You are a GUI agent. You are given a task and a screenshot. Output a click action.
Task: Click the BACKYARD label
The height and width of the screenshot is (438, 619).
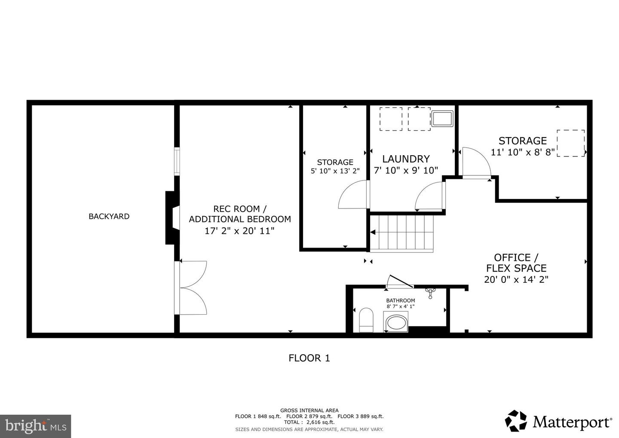[109, 216]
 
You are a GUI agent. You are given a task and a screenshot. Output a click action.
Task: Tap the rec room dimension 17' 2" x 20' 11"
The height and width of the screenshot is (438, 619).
[239, 231]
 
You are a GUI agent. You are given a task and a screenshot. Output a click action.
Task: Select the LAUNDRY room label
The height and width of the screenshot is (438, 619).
[406, 159]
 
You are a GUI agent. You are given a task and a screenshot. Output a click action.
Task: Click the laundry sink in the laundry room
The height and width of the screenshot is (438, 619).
[442, 119]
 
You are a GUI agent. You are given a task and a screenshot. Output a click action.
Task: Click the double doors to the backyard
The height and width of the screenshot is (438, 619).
[192, 288]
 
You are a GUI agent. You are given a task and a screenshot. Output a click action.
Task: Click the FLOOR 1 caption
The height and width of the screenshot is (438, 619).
[309, 358]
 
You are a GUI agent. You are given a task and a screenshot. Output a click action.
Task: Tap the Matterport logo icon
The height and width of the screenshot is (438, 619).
[516, 421]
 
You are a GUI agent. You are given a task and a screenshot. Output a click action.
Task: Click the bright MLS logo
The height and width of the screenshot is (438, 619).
[35, 426]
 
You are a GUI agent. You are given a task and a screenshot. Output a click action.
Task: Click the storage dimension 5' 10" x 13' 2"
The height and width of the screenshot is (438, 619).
[335, 171]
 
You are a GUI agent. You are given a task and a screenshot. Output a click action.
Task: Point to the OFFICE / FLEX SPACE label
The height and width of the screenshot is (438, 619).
[516, 263]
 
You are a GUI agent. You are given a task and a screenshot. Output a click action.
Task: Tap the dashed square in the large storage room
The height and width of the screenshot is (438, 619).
[570, 143]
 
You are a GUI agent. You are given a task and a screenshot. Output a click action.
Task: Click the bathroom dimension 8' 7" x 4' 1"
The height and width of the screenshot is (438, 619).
[400, 306]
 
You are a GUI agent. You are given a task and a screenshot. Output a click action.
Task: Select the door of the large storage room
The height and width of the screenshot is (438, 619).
[475, 163]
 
